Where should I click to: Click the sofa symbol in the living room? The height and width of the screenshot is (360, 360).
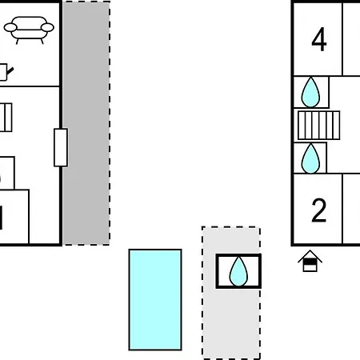coord(29,30)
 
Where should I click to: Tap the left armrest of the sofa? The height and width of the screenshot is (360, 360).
coord(10,27)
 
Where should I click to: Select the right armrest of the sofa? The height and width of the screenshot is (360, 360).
coord(47,27)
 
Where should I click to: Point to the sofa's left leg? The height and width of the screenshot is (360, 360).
coord(18,42)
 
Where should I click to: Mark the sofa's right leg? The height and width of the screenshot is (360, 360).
coord(42,42)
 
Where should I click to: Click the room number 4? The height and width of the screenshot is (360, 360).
coord(319,39)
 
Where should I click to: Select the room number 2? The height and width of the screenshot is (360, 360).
coord(319,210)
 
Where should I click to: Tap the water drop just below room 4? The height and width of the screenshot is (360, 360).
coord(310,92)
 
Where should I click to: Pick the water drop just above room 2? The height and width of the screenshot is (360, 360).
coord(310,158)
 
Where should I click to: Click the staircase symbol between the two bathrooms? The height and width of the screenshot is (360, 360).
coord(318,126)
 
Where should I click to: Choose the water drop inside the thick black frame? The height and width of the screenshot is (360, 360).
coord(238,271)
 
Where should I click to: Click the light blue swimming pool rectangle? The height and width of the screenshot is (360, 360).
coord(155,300)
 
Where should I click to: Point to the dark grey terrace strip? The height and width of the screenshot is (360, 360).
coord(86,123)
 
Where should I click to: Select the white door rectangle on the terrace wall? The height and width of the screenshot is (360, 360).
coord(61,147)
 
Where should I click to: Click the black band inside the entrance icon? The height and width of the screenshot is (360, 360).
coord(310,262)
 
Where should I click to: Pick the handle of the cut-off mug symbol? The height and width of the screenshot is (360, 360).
coord(10,71)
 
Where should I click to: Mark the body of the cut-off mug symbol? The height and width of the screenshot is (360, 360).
coord(3,72)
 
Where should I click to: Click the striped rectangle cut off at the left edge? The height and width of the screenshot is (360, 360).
coord(6,118)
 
